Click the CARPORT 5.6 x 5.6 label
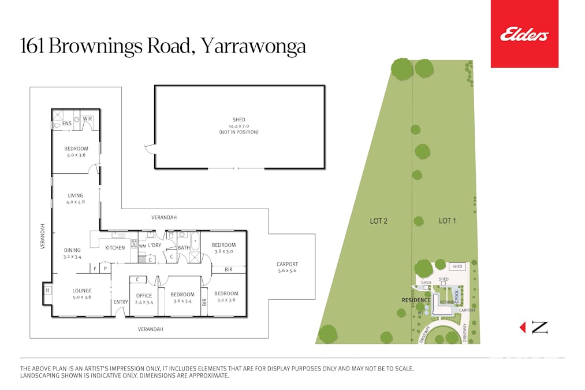click(287, 268)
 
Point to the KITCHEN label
click(114, 248)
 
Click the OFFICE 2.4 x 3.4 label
click(143, 298)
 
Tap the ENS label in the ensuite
click(66, 123)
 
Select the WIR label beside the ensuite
click(87, 118)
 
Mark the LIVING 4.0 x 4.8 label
click(75, 199)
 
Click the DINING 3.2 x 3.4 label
click(72, 253)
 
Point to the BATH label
click(184, 248)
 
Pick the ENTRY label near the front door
click(121, 302)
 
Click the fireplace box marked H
click(47, 291)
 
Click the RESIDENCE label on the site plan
click(416, 300)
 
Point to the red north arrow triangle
click(523, 328)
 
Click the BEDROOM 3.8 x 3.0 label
click(222, 248)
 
